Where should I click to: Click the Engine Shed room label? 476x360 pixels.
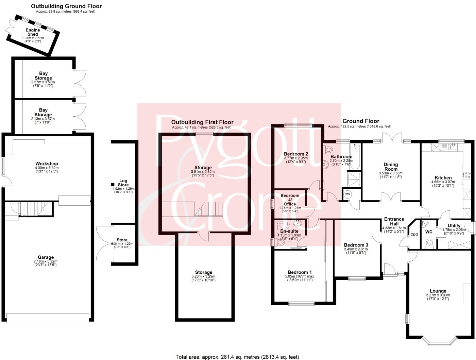(33, 32)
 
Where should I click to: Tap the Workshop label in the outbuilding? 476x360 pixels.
(47, 164)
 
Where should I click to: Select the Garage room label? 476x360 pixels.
(46, 257)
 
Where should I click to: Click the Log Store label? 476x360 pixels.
(123, 183)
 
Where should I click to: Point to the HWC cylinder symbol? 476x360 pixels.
(347, 194)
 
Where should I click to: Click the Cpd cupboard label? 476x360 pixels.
(414, 234)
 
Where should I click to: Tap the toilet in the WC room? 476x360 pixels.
(429, 243)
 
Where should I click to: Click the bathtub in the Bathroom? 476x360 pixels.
(356, 157)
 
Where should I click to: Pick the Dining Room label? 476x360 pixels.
(391, 167)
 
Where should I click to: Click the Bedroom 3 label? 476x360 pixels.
(356, 245)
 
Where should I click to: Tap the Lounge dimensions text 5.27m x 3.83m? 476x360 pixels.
(438, 295)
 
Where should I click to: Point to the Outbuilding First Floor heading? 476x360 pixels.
(202, 122)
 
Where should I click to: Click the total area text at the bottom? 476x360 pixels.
(237, 357)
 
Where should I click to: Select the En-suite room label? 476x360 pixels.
(289, 231)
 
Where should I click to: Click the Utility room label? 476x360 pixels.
(454, 225)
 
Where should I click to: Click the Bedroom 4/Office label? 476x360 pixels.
(290, 200)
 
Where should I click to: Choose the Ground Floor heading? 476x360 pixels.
(361, 121)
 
